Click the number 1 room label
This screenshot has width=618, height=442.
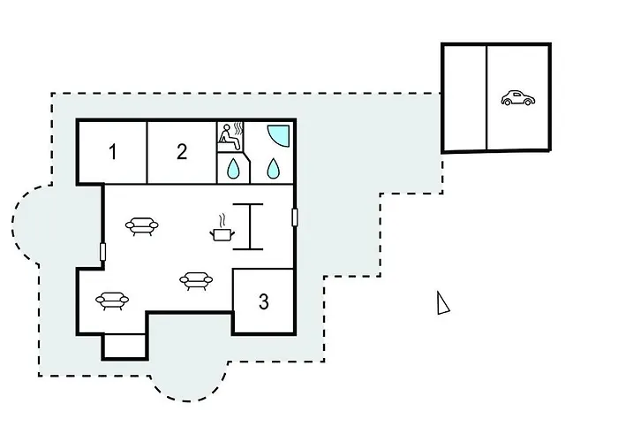tap(113, 152)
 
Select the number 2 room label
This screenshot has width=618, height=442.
tap(182, 151)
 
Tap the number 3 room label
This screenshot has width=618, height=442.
tap(264, 301)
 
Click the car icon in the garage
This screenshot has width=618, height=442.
tap(518, 98)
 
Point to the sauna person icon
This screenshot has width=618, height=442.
tap(230, 136)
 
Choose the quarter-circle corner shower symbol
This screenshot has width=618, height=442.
tap(278, 136)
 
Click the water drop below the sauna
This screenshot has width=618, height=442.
tap(233, 168)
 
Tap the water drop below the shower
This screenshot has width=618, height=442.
tap(273, 168)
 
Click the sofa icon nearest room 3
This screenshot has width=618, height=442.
tap(196, 280)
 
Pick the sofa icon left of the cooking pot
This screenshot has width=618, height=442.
tap(142, 226)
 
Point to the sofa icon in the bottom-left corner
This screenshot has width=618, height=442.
tap(112, 301)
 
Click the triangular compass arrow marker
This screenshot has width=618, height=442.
tap(442, 303)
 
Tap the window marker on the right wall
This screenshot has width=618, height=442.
tap(294, 217)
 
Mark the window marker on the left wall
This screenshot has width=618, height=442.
tap(103, 252)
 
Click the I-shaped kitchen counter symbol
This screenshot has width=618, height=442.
tap(248, 226)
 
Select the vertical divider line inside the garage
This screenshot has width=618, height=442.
tap(487, 98)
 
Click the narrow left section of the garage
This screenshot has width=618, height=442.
tap(465, 98)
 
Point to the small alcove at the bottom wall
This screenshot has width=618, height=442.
tap(124, 347)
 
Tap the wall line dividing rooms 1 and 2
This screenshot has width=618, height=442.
tap(147, 152)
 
